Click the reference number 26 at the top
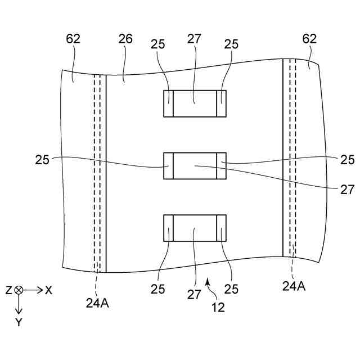[125, 39]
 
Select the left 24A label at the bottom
[97, 303]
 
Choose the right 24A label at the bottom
[294, 286]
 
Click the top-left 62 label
[73, 39]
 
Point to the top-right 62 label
[309, 39]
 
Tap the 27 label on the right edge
[347, 190]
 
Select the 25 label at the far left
[42, 160]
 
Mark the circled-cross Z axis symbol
[19, 290]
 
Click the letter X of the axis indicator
[49, 290]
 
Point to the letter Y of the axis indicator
[19, 322]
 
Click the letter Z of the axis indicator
[8, 290]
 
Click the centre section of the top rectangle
[195, 104]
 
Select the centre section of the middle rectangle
[195, 166]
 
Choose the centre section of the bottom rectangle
[195, 228]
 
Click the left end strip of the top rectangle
[168, 104]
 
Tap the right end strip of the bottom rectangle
[222, 228]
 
